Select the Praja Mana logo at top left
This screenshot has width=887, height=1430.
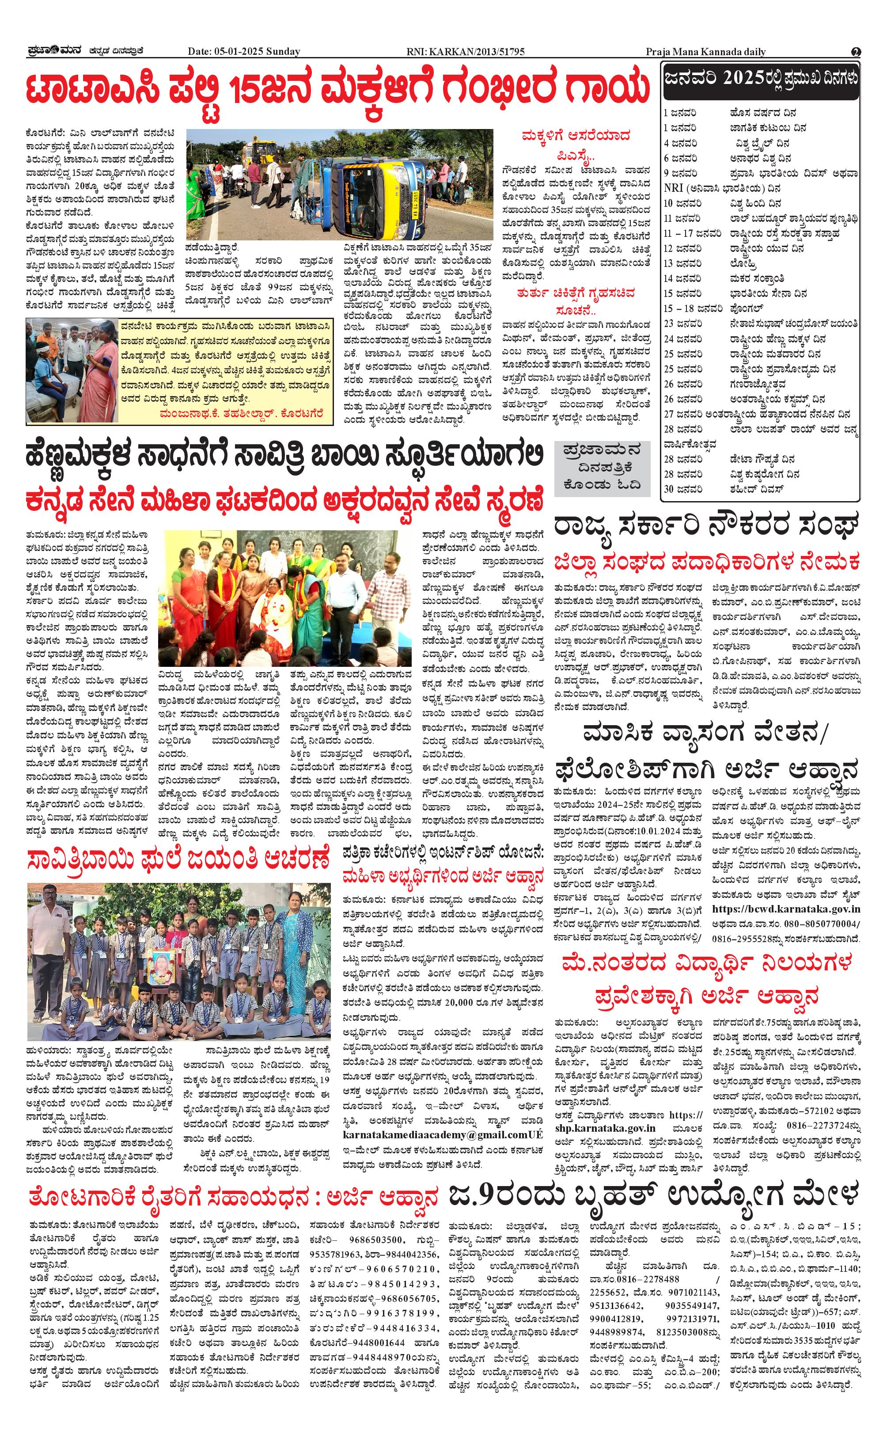pos(55,51)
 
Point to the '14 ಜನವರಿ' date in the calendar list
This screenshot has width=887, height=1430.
pos(683,278)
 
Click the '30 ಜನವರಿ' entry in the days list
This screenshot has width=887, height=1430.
pos(683,489)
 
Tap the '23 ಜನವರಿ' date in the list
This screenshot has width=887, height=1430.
pos(683,323)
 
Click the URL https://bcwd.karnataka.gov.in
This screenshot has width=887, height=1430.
pos(786,909)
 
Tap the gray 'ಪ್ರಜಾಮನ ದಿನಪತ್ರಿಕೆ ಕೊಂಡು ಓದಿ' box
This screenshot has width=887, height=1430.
pos(602,467)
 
